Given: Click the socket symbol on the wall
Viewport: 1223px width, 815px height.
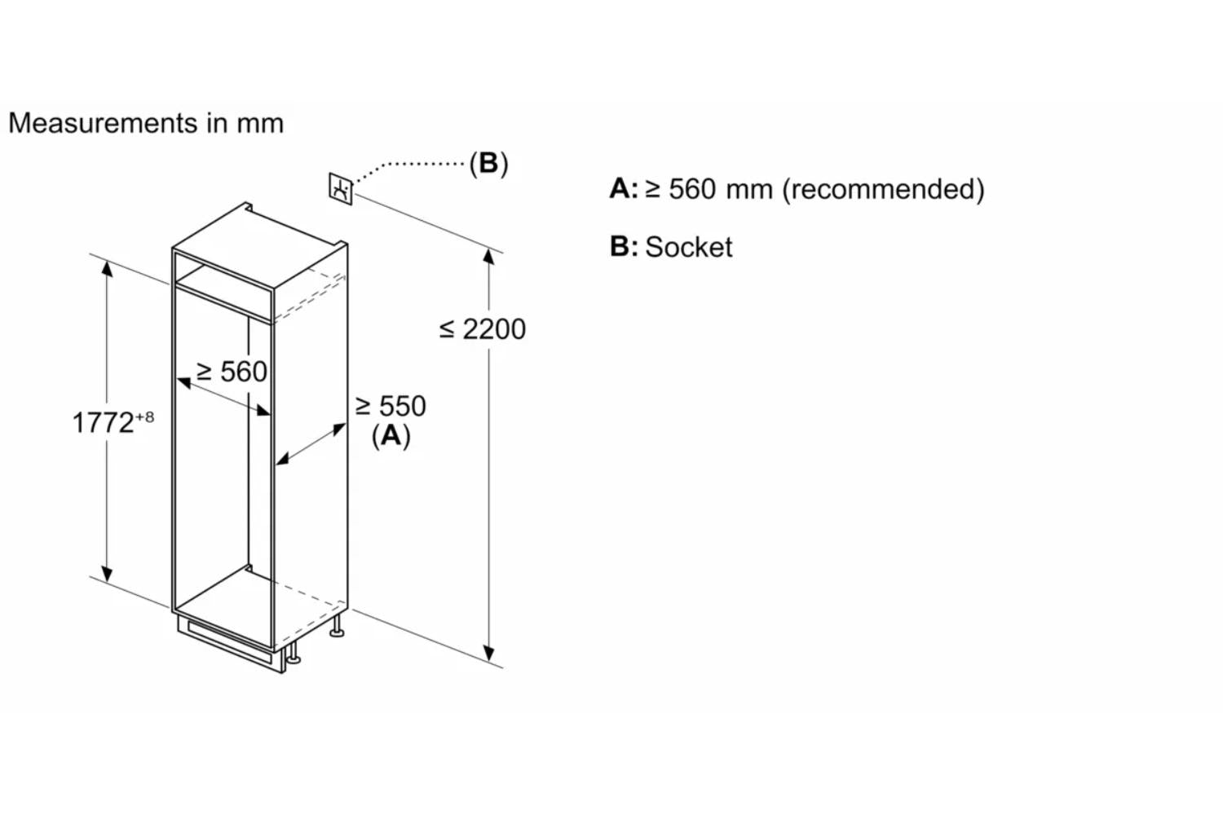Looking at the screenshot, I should point(341,189).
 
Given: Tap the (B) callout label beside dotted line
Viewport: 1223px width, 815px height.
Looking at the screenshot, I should point(488,163).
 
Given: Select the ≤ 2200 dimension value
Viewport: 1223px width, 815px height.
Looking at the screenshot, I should point(483,329).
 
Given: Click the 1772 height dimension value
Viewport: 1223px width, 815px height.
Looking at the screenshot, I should point(103,423).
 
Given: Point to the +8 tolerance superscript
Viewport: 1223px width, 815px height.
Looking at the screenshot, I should point(144,417).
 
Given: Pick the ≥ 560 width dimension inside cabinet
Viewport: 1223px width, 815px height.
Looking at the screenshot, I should point(232,372).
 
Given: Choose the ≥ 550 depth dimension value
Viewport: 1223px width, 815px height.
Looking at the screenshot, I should point(391,406).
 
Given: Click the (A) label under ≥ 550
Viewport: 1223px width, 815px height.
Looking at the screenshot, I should point(391,435).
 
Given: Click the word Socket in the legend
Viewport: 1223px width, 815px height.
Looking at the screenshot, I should point(688,247).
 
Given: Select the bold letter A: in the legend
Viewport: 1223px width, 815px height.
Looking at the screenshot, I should point(623,189).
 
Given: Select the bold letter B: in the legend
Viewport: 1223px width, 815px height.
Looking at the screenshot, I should point(623,246).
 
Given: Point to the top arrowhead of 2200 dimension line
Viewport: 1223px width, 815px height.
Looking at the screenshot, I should point(488,256).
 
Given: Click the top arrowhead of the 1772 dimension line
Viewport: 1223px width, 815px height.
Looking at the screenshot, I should point(108,267).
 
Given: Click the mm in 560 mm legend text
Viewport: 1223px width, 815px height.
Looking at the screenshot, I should point(748,189).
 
